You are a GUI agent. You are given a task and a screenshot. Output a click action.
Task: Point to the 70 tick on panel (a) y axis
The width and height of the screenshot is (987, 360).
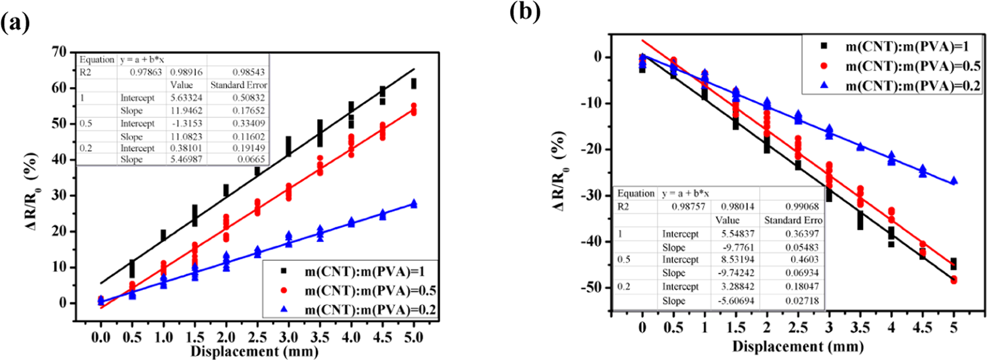58,52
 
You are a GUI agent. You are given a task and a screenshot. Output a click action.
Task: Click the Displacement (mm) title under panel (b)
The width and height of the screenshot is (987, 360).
797,346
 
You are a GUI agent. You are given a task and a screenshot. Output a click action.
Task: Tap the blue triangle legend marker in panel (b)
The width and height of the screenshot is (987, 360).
824,86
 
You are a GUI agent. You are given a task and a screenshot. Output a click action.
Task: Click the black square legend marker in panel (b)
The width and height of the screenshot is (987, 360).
824,46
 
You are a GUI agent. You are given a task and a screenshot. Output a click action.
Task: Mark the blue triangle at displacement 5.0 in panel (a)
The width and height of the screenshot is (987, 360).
413,204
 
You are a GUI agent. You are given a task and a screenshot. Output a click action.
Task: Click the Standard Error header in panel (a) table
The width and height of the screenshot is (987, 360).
238,85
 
